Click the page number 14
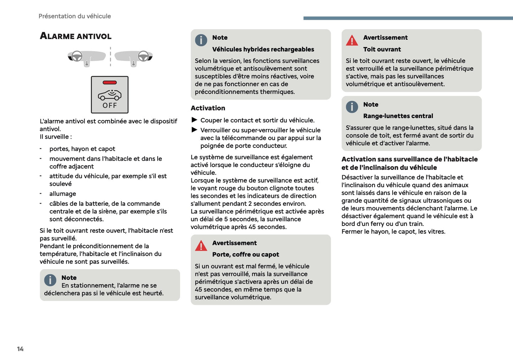[20, 349]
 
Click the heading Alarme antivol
[76, 36]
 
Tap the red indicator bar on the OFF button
[110, 83]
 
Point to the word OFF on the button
[110, 105]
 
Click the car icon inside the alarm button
[110, 95]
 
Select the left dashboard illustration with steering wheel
[87, 57]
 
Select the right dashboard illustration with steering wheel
[134, 57]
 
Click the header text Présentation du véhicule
[75, 16]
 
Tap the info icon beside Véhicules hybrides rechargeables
[201, 40]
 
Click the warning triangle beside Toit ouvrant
[352, 40]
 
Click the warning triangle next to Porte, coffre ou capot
[201, 246]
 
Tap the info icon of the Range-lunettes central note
[352, 107]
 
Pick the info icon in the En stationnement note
[50, 280]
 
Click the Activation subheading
[208, 108]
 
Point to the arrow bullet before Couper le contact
[194, 120]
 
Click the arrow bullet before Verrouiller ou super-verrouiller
[194, 130]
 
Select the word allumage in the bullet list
[62, 194]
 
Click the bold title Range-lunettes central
[398, 116]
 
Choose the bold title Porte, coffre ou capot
[245, 255]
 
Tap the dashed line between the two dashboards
[110, 57]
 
